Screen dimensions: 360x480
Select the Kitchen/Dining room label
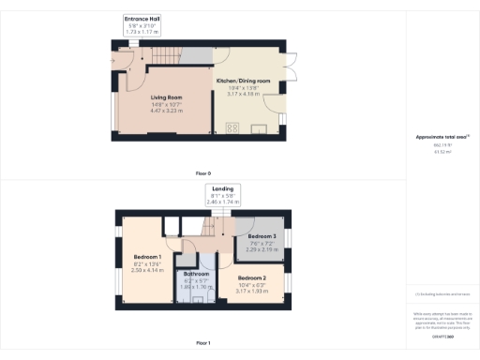point(243,82)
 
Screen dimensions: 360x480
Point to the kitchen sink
point(259,130)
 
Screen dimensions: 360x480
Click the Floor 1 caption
point(203,343)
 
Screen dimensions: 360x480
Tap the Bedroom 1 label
point(148,257)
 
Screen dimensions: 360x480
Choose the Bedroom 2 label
point(252,278)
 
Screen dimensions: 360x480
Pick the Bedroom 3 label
point(253,236)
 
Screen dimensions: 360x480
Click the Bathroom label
point(197,274)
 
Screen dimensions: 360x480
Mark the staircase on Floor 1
point(220,225)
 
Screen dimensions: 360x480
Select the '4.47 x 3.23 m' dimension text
point(166,112)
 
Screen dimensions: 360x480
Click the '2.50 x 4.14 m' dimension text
point(148,270)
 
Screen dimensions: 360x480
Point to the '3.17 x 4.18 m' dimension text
point(243,95)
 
